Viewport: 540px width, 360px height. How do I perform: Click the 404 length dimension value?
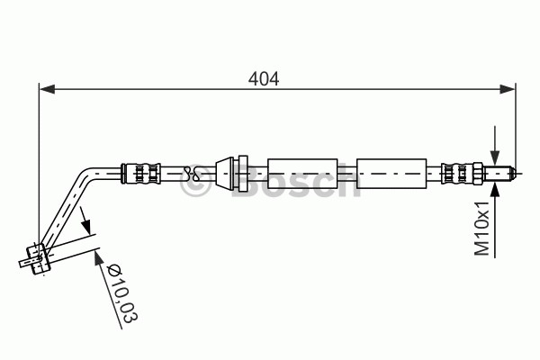[x=264, y=79]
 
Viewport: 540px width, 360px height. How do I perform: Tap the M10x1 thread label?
[x=481, y=229]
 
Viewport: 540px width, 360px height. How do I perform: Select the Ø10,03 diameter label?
[x=121, y=293]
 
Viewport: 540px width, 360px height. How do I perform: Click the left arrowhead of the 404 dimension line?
[x=47, y=89]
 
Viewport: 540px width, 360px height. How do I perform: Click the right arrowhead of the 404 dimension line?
[x=508, y=89]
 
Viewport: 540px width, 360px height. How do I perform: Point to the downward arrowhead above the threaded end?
[x=495, y=157]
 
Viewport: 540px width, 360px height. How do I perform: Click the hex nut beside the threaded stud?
[x=477, y=174]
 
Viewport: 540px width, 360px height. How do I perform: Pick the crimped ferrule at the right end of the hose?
[x=457, y=174]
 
